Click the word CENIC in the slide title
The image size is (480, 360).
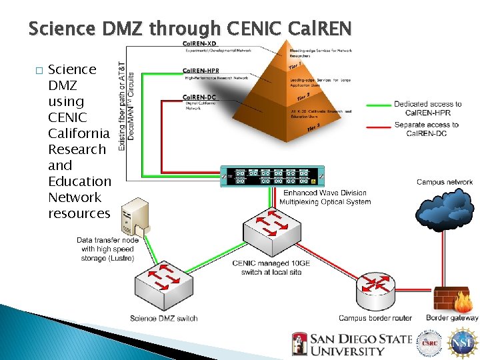pyautogui.click(x=250, y=29)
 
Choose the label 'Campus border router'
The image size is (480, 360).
pyautogui.click(x=375, y=318)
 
